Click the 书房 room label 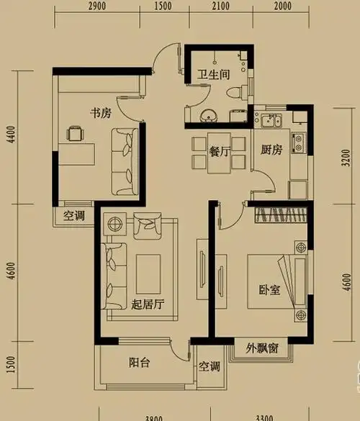point(99,113)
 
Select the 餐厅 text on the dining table point(219,152)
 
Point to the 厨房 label point(270,150)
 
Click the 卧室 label point(269,291)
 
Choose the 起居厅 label point(149,304)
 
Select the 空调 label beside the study point(74,215)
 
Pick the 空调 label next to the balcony point(210,366)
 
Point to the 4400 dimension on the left point(9,137)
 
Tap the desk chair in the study point(74,133)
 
